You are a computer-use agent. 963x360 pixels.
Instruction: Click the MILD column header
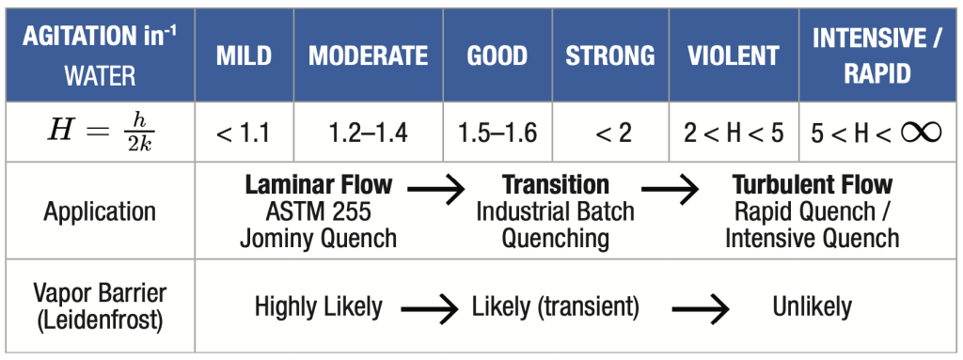[244, 55]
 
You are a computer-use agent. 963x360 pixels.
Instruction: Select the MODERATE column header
[368, 55]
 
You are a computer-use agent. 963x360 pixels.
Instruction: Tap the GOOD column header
[497, 55]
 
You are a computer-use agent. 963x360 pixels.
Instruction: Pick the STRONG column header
[609, 55]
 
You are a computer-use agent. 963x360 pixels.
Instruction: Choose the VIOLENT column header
[734, 55]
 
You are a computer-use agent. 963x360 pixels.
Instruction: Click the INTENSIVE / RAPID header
[877, 55]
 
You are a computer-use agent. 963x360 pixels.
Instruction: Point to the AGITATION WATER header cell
[100, 55]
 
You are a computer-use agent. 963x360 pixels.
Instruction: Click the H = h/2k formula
[101, 133]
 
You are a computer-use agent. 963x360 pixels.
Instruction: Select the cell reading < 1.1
[244, 133]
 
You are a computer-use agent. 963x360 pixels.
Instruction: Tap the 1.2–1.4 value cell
[368, 133]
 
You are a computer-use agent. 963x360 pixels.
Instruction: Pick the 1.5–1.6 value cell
[497, 133]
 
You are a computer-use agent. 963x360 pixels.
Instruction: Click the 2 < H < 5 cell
[734, 133]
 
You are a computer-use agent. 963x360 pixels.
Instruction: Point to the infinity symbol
[922, 133]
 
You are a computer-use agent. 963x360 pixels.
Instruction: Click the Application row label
[100, 211]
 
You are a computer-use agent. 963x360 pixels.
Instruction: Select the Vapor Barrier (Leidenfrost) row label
[100, 306]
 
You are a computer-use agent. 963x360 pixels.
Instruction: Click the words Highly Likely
[319, 305]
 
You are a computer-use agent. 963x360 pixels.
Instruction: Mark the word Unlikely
[812, 305]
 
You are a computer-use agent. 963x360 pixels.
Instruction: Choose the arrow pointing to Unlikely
[701, 308]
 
